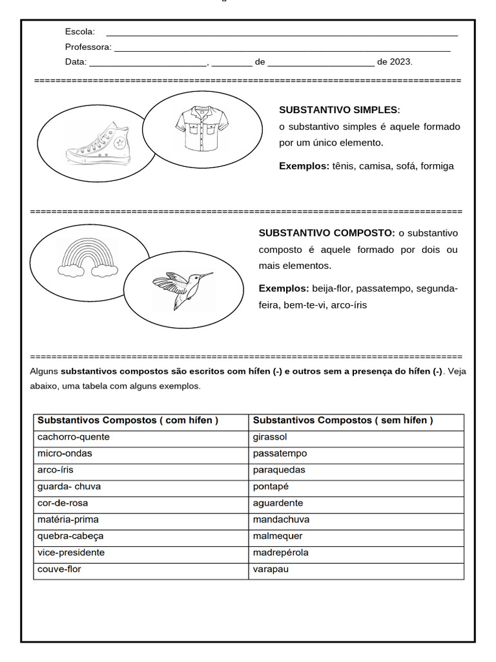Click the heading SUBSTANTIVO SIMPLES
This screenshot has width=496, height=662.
(339, 110)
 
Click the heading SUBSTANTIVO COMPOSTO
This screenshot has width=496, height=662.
(327, 233)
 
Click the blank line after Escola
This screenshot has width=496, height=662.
(282, 32)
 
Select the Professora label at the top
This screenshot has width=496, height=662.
(88, 47)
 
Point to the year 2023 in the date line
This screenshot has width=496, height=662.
(400, 62)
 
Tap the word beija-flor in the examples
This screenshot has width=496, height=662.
(331, 288)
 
